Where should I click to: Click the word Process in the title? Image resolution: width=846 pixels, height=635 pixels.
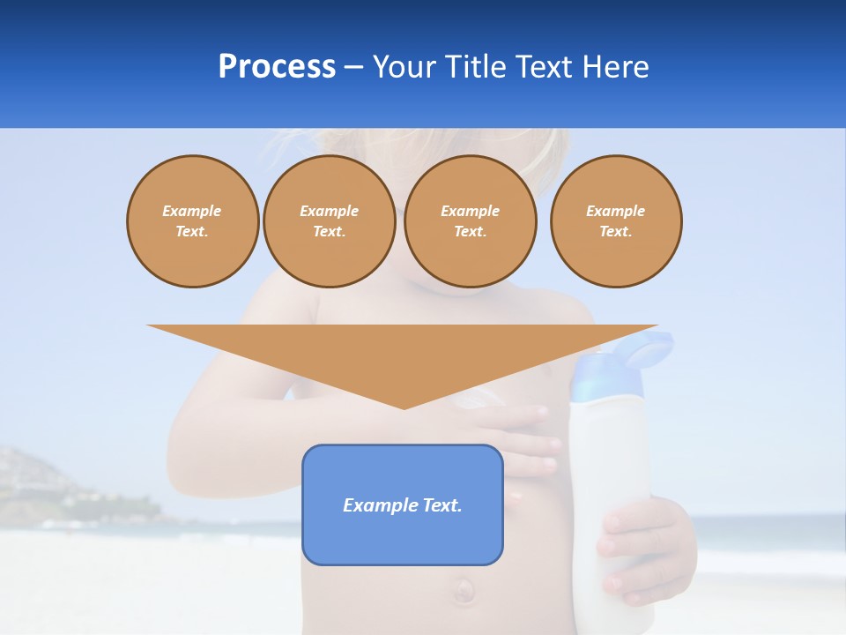[277, 67]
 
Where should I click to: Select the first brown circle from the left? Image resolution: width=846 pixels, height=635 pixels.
[192, 220]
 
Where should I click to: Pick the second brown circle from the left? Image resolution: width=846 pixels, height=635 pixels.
[330, 220]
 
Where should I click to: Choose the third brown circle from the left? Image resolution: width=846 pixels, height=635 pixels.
[470, 220]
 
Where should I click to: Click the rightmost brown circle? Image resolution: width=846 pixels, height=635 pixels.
[615, 220]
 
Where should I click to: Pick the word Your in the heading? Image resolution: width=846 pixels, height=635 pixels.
[403, 67]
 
